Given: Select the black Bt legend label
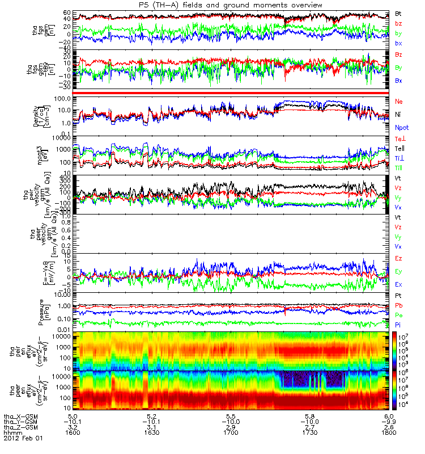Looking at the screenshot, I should pyautogui.click(x=398, y=13).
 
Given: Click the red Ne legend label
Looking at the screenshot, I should pyautogui.click(x=398, y=100).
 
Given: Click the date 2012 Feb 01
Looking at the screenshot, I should pyautogui.click(x=23, y=438).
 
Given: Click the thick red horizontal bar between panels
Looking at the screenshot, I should pyautogui.click(x=231, y=93).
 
